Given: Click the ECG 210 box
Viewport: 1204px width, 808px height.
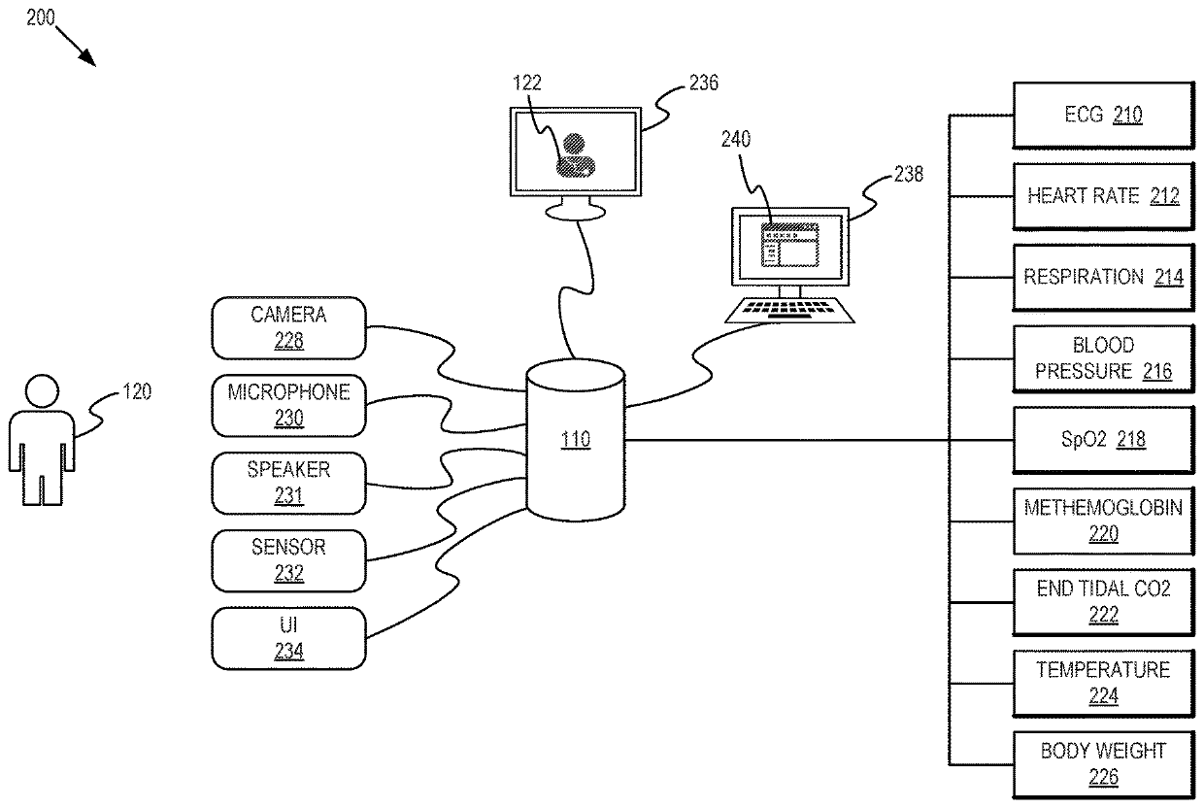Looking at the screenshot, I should [1102, 116].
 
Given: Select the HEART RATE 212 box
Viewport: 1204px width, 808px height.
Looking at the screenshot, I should [1102, 196].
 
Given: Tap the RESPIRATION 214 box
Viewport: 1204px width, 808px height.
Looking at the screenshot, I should [1102, 278].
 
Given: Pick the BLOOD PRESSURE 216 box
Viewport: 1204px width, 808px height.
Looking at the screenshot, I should [1102, 358].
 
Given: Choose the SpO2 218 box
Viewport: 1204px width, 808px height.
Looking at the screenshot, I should [1102, 440].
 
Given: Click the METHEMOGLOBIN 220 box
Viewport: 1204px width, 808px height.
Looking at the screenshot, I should [1102, 521].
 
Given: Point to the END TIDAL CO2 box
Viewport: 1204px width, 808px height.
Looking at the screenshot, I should [1102, 601].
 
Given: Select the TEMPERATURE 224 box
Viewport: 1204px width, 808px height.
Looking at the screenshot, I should [1102, 683].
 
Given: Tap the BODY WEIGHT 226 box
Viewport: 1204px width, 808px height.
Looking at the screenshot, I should [1102, 763].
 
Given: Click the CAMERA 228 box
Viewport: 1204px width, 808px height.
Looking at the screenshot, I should [288, 327].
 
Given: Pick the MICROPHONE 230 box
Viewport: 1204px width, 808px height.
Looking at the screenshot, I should [288, 405].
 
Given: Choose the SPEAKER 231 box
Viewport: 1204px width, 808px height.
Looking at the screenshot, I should [288, 483].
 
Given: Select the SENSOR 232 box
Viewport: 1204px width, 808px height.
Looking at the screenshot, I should [288, 560].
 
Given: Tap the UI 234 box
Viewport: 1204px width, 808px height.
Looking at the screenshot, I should [288, 638].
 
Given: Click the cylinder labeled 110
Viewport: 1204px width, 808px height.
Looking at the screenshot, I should [576, 440].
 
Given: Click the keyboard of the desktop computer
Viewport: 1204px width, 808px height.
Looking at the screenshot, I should [790, 310].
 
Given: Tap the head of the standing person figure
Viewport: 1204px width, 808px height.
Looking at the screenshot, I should [41, 392].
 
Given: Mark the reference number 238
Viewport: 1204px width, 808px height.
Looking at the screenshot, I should [909, 175].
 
